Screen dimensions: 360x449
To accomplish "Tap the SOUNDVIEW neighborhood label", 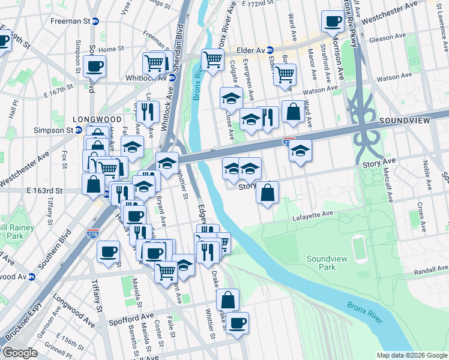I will pos(405,121).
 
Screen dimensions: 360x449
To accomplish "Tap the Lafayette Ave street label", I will pos(313,214).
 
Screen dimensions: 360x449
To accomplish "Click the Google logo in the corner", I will pos(19,352).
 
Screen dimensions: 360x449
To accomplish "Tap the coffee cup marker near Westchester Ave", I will pos(332,22).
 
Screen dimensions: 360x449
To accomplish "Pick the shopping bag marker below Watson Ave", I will pos(292,111).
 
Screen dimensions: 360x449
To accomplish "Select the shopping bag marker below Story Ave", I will pos(267,192).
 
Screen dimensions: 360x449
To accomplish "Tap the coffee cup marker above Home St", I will pos(95,66).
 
